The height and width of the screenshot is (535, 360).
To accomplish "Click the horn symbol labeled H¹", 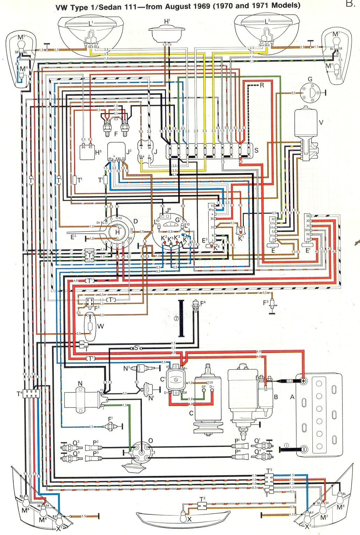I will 167,34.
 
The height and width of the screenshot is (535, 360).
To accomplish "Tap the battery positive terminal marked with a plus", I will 303,381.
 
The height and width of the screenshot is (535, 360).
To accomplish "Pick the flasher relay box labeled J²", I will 116,152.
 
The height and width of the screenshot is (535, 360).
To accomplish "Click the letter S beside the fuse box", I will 256,150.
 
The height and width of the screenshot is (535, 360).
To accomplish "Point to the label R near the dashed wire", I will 262,85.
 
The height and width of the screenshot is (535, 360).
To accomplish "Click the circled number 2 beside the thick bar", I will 176,318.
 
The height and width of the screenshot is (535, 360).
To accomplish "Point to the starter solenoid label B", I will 276,397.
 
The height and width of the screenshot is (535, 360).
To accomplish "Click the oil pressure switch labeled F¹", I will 111,426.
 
